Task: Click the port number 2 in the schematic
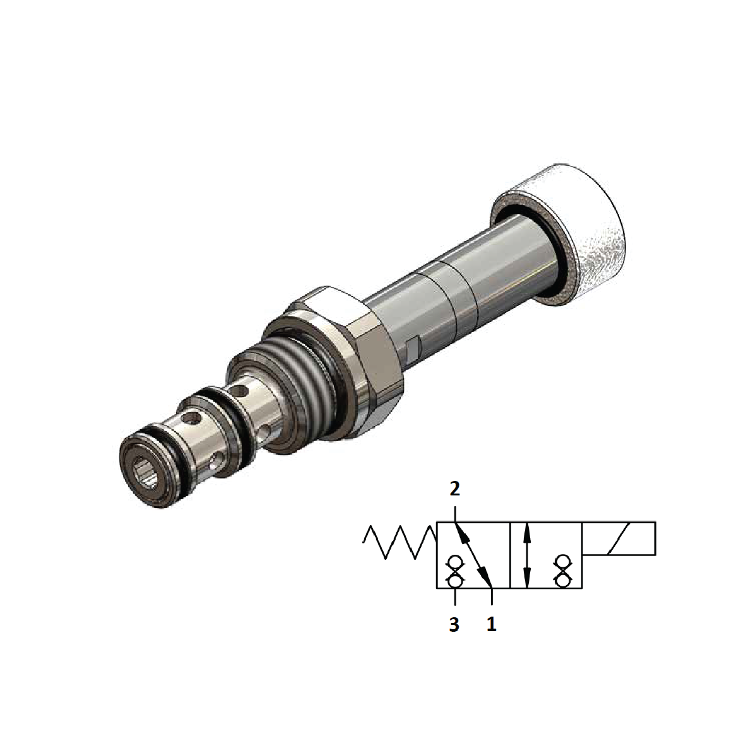[454, 488]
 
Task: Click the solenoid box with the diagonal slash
[619, 538]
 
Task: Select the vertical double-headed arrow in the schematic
[528, 555]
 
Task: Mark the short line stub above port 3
[454, 596]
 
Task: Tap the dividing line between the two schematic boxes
[509, 555]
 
